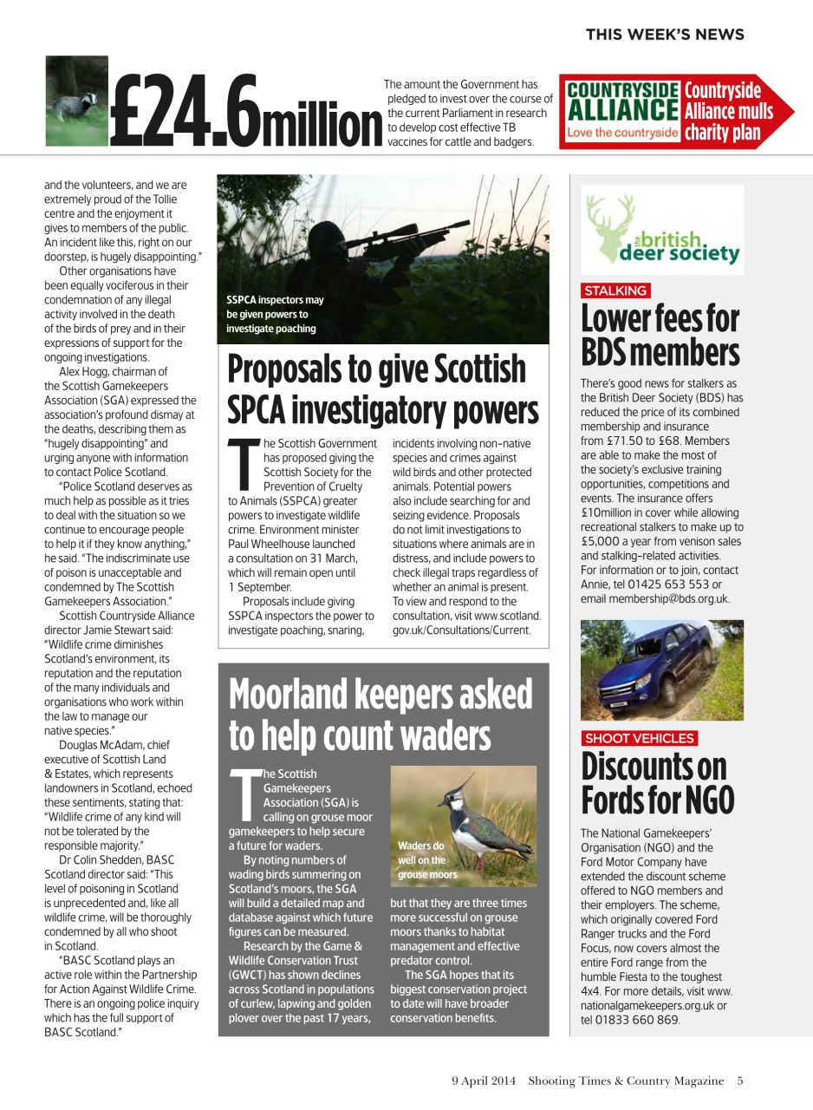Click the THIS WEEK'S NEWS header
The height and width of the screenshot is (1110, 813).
(664, 35)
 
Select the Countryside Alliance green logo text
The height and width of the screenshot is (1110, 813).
(621, 101)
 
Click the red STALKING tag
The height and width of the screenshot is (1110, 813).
(615, 291)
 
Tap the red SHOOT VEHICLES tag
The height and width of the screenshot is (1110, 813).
(639, 738)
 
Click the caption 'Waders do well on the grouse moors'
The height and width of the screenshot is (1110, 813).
(426, 859)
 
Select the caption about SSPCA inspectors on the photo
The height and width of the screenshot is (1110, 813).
(275, 314)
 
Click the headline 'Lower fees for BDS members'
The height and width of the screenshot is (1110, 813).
(660, 336)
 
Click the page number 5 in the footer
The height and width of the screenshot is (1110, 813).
(739, 1081)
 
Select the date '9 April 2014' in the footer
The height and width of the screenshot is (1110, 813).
(483, 1081)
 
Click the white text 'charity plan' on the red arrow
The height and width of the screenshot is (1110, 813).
(722, 133)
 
